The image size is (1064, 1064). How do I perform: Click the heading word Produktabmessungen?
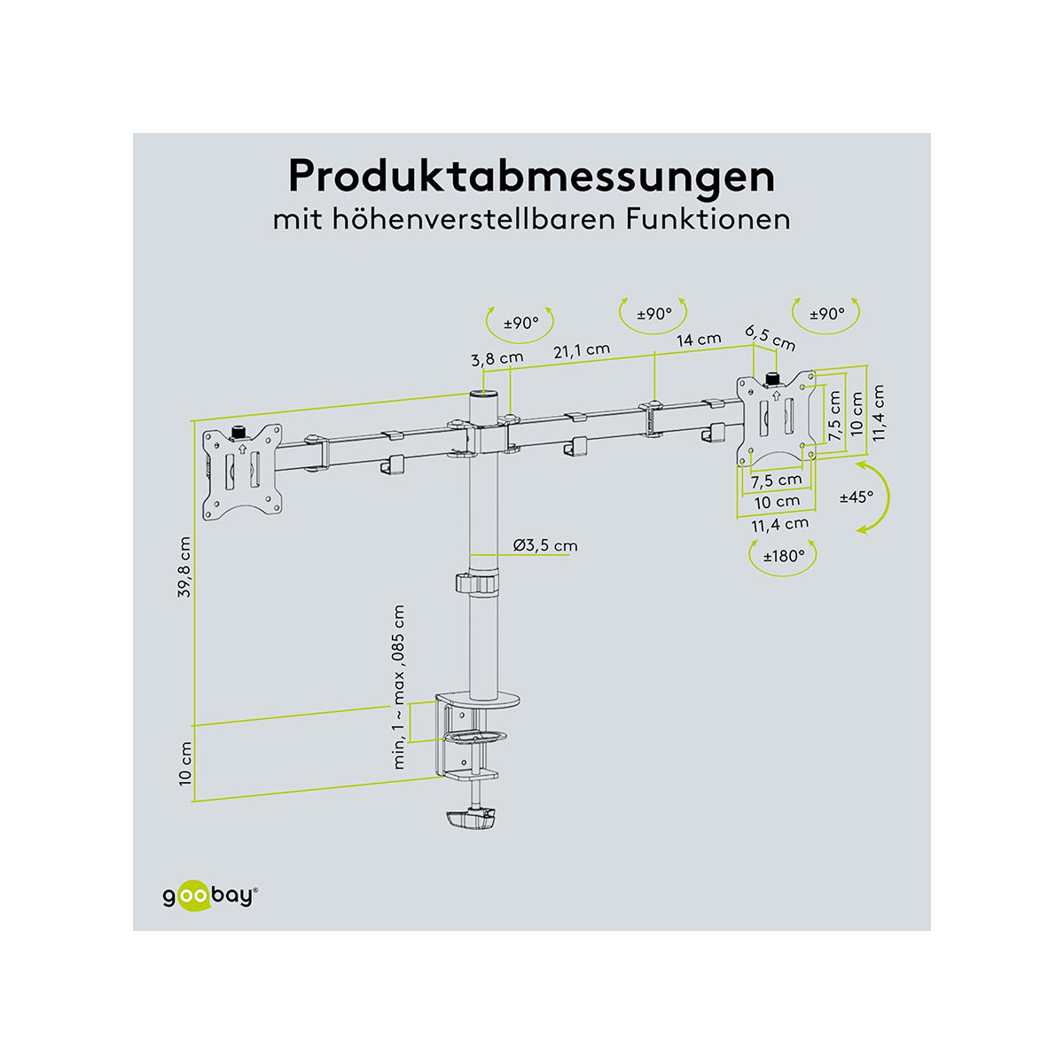pos(531,176)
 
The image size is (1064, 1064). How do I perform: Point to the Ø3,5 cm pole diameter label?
pos(544,544)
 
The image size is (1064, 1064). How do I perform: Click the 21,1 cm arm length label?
pos(582,350)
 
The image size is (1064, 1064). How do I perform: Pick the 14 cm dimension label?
pos(698,340)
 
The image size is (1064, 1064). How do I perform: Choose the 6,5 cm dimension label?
pos(770,338)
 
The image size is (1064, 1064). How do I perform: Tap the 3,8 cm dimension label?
pos(497,359)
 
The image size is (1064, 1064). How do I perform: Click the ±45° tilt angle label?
pos(857,497)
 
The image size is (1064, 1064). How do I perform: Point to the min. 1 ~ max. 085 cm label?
pos(399,687)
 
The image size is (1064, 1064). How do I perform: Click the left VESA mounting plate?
pos(242,472)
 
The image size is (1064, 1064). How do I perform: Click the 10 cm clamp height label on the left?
pos(184,763)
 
